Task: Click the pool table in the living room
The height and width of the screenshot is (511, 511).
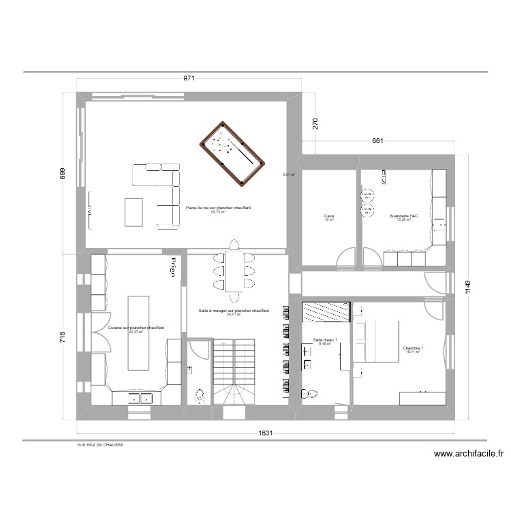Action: coord(232,153)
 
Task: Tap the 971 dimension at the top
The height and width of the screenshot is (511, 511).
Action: coord(189,78)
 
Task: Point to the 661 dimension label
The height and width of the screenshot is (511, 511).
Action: coord(378,141)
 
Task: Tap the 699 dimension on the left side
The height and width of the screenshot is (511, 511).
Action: coord(62,175)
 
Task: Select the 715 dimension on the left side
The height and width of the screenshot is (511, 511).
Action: coord(62,337)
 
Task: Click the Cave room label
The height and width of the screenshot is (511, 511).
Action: coord(330,217)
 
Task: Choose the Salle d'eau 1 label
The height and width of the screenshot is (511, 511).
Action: coord(325,339)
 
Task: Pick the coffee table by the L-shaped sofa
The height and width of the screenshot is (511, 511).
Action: coord(134,212)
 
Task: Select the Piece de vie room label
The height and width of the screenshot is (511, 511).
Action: coord(218,208)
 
